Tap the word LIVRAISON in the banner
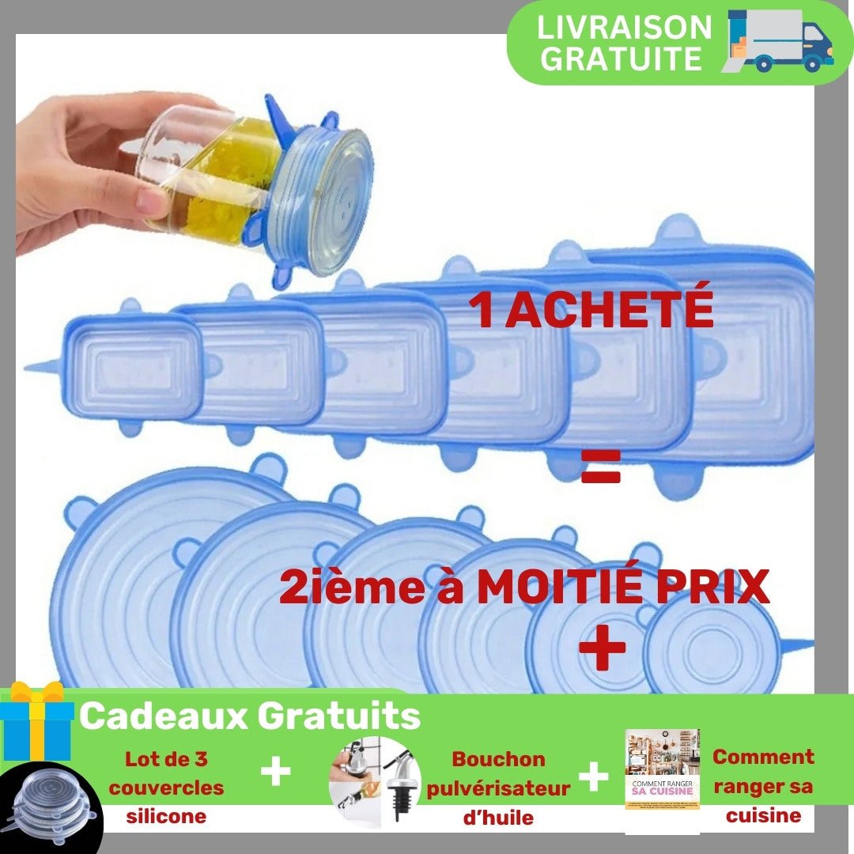(624, 27)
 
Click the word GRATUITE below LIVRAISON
(621, 59)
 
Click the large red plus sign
(602, 647)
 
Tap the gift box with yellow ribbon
(37, 721)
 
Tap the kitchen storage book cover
(662, 769)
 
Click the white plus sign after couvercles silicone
(276, 772)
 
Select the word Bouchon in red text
(498, 758)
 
